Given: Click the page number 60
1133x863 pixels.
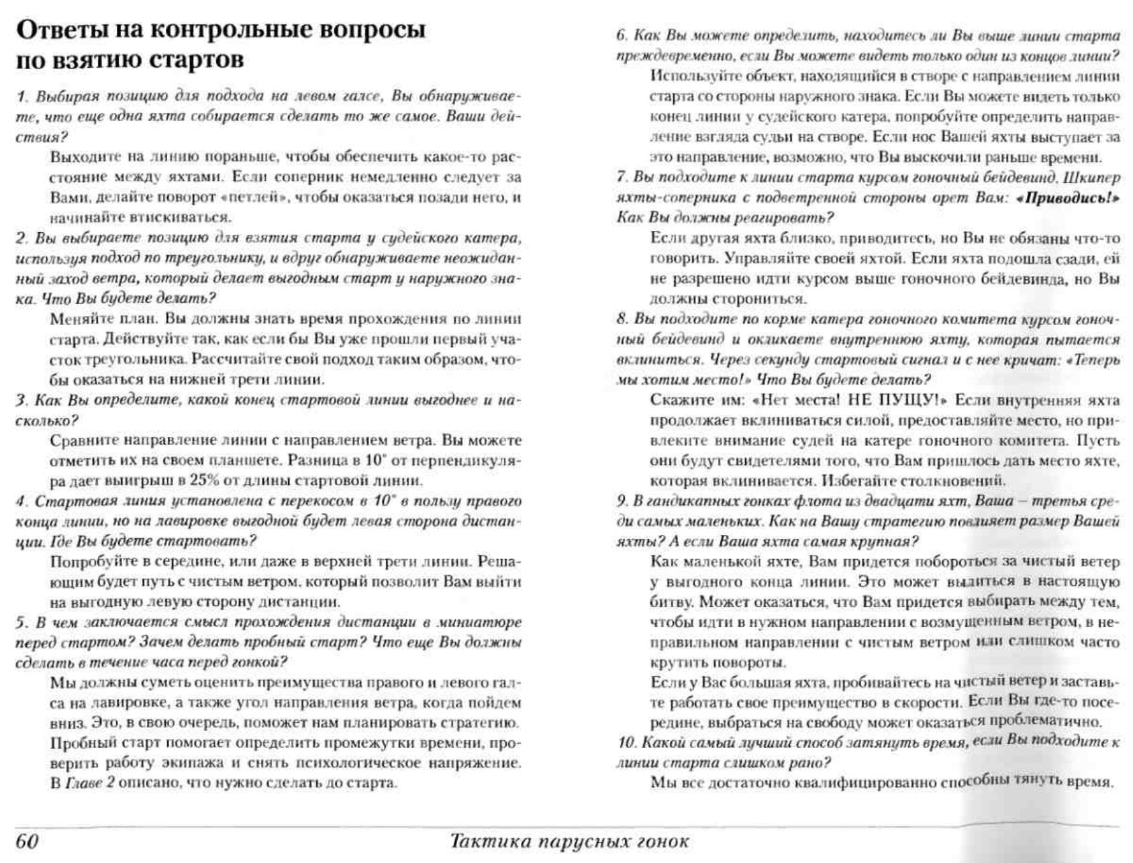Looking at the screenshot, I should tap(28, 841).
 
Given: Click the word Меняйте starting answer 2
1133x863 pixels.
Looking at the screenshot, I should tap(77, 319).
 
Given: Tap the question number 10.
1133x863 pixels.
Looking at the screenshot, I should tap(626, 743).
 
